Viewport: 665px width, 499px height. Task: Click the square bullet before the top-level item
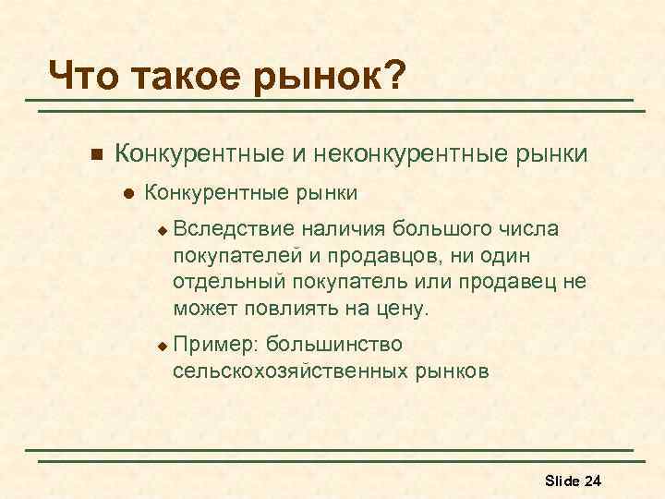91,152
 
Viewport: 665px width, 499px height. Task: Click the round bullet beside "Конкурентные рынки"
128,195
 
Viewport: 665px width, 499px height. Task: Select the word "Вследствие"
233,228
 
